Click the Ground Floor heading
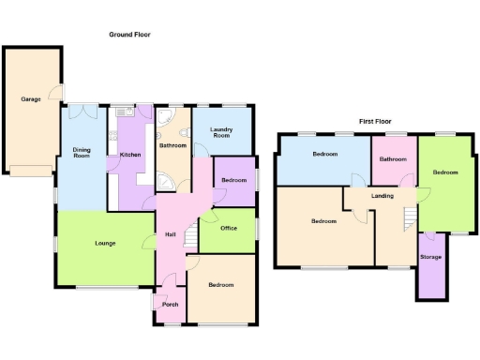click(x=129, y=35)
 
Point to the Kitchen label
click(x=130, y=155)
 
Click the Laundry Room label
click(x=221, y=134)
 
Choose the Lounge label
click(x=105, y=244)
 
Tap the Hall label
click(x=171, y=234)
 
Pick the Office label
click(x=228, y=228)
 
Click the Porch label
click(x=170, y=304)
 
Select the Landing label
click(x=382, y=196)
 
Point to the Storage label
click(x=430, y=257)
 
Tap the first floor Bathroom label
click(x=392, y=159)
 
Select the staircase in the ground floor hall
click(x=190, y=235)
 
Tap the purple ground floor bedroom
click(x=234, y=183)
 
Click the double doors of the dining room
click(x=85, y=110)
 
